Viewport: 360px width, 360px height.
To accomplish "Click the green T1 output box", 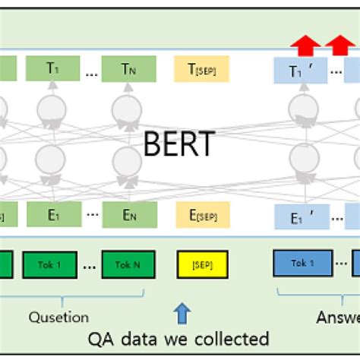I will click(52, 68).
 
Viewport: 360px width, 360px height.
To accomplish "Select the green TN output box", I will click(129, 68).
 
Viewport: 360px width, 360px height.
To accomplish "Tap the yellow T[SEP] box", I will click(201, 68).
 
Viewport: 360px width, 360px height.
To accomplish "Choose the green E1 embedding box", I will click(53, 215).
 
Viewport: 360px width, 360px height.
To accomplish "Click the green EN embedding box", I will click(129, 215).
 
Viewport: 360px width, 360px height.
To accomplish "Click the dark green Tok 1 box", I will click(52, 264).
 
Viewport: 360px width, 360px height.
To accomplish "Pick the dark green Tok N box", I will click(128, 264).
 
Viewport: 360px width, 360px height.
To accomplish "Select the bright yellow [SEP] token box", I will click(201, 264).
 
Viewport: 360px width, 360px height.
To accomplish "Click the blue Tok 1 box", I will click(302, 263).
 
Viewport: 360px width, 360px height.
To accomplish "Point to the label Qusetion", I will click(58, 317).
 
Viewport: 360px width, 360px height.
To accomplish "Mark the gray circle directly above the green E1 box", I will click(52, 160).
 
